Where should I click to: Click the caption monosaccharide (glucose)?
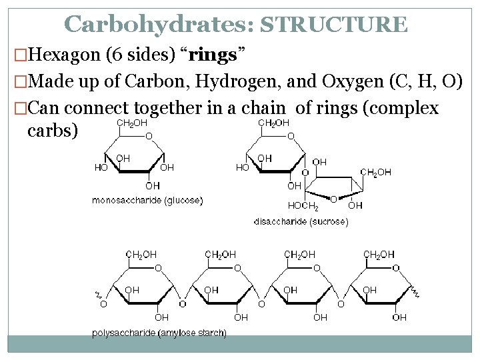pos(147,200)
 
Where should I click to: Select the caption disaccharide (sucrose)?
pos(301,221)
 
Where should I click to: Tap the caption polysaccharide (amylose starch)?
pos(159,332)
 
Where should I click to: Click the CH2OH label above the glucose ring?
pos(132,123)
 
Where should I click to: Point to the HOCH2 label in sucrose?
pos(303,205)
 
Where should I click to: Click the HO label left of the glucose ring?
pos(101,168)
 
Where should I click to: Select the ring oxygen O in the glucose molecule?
pos(149,136)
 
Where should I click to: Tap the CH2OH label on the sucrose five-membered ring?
pos(376,173)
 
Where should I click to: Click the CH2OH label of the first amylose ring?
pos(141,255)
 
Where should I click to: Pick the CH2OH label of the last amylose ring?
pos(378,255)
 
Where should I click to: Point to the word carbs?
pos(53,130)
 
